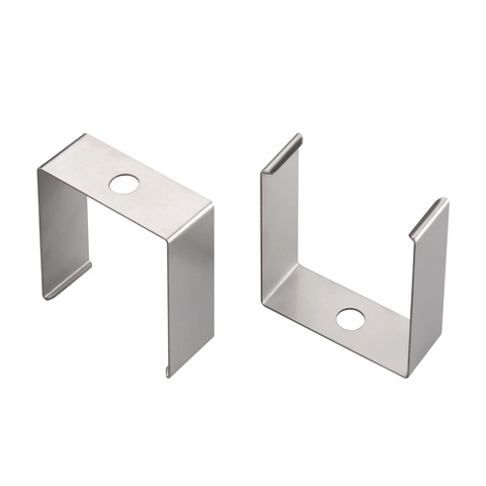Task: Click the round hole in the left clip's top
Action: pos(124,184)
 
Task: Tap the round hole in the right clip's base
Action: pos(349,319)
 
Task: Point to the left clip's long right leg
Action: pos(189,286)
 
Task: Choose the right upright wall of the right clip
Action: pos(428,286)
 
